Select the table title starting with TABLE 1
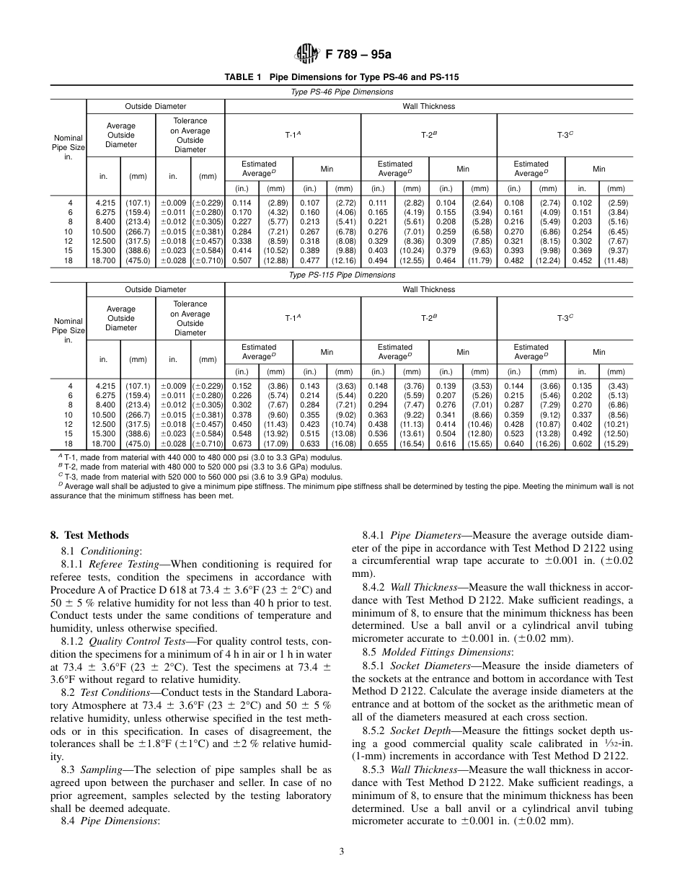pyautogui.click(x=342, y=76)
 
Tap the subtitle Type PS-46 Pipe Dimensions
pyautogui.click(x=342, y=92)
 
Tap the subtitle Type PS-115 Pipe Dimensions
pyautogui.click(x=342, y=275)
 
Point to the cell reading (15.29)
pyautogui.click(x=617, y=444)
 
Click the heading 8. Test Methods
pyautogui.click(x=89, y=535)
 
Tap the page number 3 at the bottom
pyautogui.click(x=342, y=851)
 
